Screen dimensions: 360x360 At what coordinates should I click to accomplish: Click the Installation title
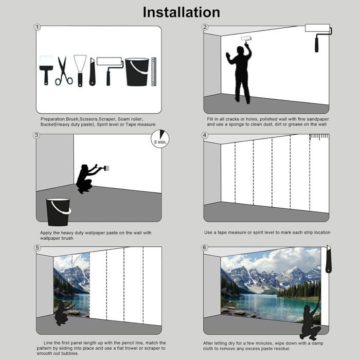[x=182, y=12]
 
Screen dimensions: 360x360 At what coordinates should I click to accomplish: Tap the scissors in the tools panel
[x=64, y=71]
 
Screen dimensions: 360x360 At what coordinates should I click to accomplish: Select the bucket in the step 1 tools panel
[x=137, y=72]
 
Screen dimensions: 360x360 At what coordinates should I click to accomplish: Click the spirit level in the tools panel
[x=154, y=72]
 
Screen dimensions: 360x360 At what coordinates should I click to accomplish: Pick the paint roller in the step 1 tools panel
[x=109, y=71]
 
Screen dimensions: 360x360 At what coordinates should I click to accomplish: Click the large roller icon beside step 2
[x=318, y=38]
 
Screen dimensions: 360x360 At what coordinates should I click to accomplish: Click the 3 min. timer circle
[x=160, y=139]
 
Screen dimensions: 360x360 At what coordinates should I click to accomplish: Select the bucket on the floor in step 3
[x=58, y=212]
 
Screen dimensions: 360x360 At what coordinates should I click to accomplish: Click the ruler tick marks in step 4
[x=319, y=137]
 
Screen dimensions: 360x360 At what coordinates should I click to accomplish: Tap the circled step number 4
[x=205, y=135]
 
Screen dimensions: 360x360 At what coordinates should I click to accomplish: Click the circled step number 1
[x=37, y=27]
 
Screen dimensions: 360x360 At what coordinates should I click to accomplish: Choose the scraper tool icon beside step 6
[x=329, y=259]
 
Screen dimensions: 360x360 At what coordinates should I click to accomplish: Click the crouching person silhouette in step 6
[x=311, y=321]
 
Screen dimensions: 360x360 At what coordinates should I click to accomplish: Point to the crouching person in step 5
[x=63, y=313]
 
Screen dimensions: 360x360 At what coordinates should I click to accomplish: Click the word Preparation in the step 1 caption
[x=53, y=119]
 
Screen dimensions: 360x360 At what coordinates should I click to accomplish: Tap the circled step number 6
[x=204, y=247]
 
